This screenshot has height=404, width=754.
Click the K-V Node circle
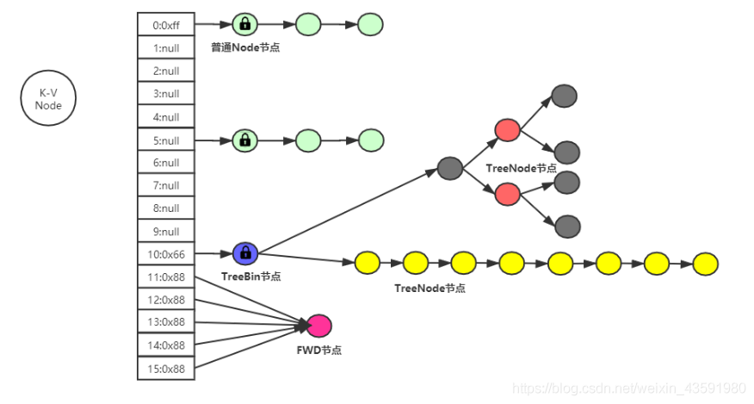pos(48,99)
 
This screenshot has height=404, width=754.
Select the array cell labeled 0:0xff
pos(166,25)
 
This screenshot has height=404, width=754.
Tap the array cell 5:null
pos(166,140)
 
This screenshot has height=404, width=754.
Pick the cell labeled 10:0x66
pos(166,254)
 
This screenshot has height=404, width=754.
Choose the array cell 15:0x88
pos(166,369)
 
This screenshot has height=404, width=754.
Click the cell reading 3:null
pos(166,94)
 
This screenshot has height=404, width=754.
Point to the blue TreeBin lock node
pos(245,253)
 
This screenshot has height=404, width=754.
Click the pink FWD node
pos(319,325)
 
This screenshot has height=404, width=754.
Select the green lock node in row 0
pos(245,25)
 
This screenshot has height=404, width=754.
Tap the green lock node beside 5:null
pos(245,140)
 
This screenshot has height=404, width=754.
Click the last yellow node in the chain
pos(705,263)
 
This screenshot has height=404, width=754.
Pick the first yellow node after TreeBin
pos(368,262)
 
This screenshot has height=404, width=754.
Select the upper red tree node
pos(508,130)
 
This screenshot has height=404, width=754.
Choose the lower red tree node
pos(508,195)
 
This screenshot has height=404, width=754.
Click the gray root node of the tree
pos(450,169)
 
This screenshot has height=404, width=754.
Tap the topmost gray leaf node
pos(564,95)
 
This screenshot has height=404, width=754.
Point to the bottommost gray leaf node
pos(567,227)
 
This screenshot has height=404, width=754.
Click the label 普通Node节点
pos(245,47)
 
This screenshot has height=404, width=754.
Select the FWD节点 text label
pos(318,350)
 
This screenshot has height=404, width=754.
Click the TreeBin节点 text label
pos(250,277)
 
